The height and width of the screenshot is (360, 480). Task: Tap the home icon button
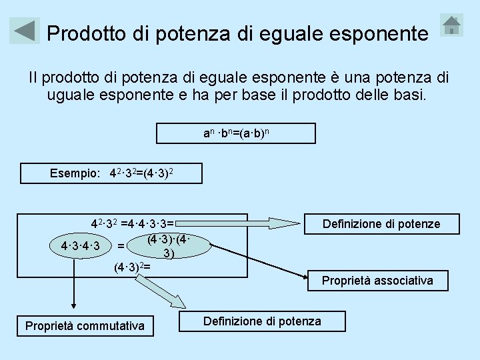tap(452, 25)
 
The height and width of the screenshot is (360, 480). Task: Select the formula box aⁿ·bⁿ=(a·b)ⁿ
tap(235, 133)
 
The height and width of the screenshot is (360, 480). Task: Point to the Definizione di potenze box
tap(381, 224)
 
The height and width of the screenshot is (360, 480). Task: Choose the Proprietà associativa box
tap(377, 281)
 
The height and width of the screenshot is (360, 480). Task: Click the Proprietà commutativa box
tap(85, 326)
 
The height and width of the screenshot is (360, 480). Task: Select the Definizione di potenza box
tap(262, 321)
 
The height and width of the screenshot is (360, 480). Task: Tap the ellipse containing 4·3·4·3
tap(80, 247)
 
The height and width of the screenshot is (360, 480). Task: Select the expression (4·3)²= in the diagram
tap(132, 267)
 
